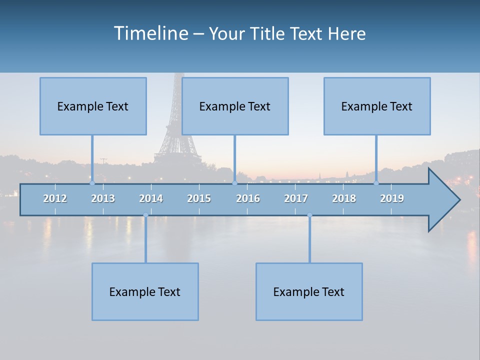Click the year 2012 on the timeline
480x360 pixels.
click(x=55, y=198)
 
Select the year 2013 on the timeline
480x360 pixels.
click(x=103, y=198)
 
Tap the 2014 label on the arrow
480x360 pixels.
click(x=151, y=198)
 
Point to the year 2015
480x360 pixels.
click(x=199, y=198)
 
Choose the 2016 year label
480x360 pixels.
click(x=248, y=198)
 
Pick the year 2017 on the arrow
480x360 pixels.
click(x=296, y=198)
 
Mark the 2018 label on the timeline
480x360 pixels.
click(x=344, y=198)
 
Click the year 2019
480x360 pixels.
click(x=392, y=198)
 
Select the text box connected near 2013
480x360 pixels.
click(x=93, y=106)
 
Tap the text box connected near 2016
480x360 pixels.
click(x=235, y=106)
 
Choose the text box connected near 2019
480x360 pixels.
click(x=377, y=106)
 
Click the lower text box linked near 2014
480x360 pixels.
click(x=145, y=291)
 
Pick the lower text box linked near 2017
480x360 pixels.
click(x=309, y=291)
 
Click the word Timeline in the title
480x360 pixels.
click(x=150, y=33)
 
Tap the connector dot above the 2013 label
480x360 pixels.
click(x=92, y=183)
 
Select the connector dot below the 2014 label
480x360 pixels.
click(x=145, y=215)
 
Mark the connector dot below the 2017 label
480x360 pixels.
click(x=309, y=215)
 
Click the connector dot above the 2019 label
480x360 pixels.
click(x=376, y=183)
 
